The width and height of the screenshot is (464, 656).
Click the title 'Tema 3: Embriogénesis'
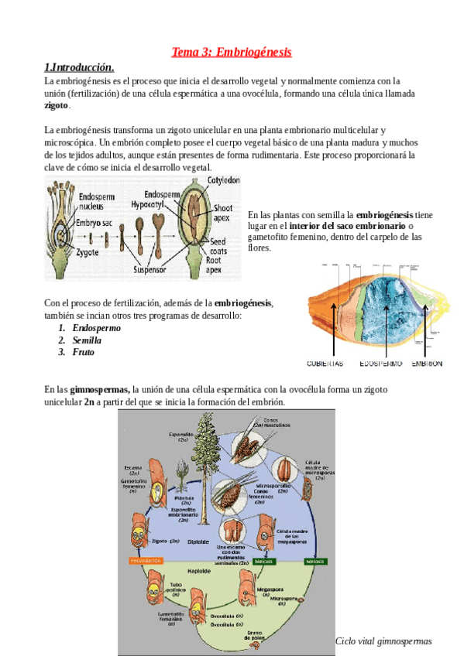(x=232, y=53)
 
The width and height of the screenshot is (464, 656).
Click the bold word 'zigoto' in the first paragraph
(x=57, y=105)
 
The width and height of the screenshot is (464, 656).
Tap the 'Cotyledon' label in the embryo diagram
(x=224, y=179)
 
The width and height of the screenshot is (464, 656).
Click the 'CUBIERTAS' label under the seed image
(x=325, y=363)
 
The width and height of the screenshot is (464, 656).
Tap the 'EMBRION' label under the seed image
(x=427, y=363)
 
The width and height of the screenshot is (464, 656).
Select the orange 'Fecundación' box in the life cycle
(x=139, y=559)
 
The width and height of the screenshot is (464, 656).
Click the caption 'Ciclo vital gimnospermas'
(x=383, y=641)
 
